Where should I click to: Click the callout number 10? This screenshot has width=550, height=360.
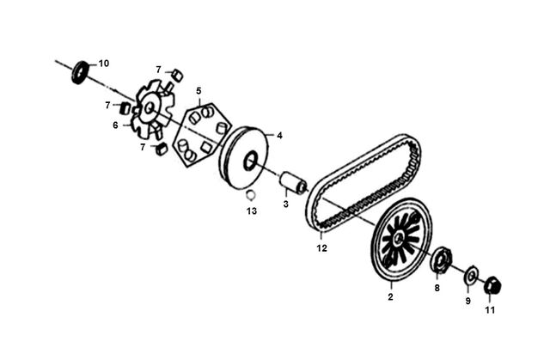click(103, 64)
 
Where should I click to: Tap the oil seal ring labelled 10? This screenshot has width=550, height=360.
click(80, 73)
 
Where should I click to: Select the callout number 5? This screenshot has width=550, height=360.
click(199, 91)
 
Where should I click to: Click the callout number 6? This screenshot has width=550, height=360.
click(115, 125)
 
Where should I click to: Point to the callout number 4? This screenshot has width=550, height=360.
click(279, 136)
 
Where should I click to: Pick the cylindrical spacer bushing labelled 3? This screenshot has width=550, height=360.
click(293, 183)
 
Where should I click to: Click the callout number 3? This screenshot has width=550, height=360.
click(286, 204)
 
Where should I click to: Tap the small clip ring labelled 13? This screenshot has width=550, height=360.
click(250, 194)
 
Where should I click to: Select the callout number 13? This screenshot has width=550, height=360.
click(252, 211)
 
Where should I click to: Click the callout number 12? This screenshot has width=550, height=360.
click(321, 248)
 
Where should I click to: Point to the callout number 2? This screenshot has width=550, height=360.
click(390, 296)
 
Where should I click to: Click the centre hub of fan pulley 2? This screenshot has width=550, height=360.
click(398, 239)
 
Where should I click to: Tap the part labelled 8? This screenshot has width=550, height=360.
click(441, 259)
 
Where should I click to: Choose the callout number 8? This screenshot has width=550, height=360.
click(437, 288)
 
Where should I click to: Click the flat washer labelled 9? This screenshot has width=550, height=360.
click(471, 276)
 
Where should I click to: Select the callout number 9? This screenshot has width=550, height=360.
click(468, 301)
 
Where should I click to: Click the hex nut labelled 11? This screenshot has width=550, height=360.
click(492, 286)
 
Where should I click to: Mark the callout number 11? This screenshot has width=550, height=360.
click(490, 310)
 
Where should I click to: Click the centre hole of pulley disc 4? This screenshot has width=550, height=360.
click(250, 162)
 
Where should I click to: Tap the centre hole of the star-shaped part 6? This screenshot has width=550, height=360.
click(150, 107)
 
